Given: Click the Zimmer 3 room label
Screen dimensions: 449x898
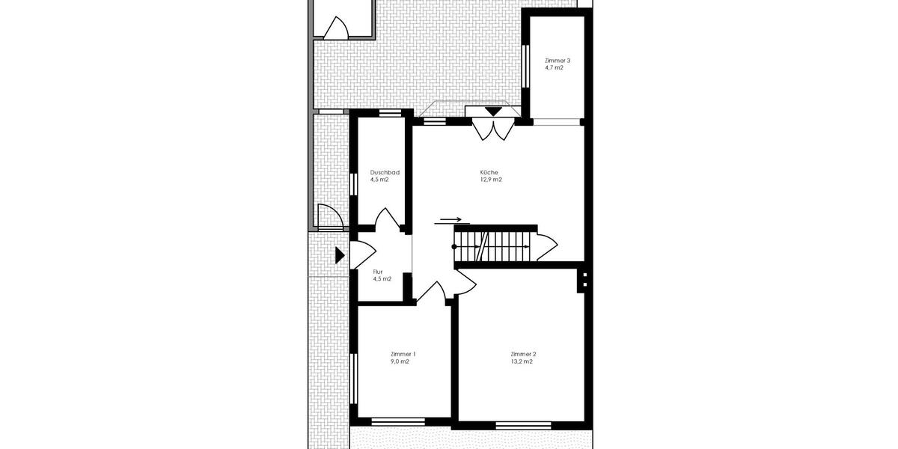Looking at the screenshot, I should tap(558, 60).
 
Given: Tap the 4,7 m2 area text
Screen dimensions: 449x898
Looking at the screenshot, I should tap(555, 67).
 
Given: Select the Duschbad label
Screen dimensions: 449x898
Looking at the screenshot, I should tap(385, 172).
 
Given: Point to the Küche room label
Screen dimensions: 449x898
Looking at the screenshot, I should tap(489, 172).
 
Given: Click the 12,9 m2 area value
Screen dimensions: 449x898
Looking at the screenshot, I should tap(491, 180).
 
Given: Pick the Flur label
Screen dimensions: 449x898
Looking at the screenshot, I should tap(378, 272).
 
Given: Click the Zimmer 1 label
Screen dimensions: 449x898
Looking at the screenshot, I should tap(403, 354).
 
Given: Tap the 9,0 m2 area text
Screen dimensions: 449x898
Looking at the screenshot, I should tap(400, 361).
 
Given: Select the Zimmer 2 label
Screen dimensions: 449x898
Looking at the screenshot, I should tap(523, 354).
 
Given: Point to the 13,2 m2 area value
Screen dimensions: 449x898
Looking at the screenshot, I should tap(522, 361).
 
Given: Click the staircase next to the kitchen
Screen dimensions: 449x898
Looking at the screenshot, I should tap(494, 245).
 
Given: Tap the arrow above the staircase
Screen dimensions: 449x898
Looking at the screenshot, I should tap(451, 220).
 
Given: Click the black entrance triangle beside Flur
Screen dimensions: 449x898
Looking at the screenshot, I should tap(340, 256).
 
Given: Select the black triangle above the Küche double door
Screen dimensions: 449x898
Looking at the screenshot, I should tap(493, 112).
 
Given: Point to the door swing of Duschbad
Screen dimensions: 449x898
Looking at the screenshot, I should tap(388, 220).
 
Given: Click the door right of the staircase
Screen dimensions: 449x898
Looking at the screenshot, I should tap(546, 245).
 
